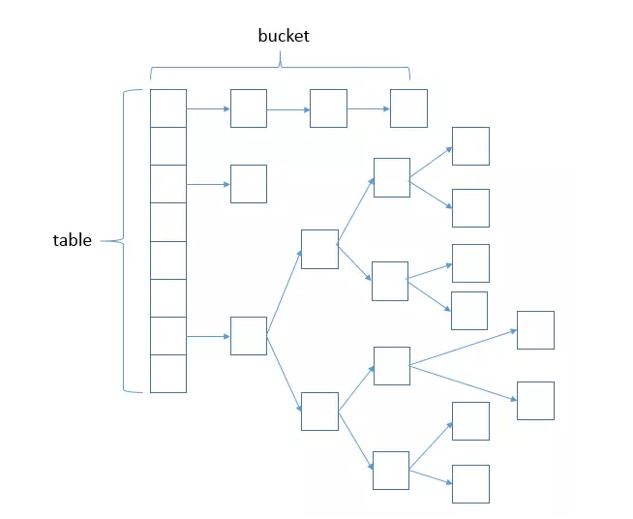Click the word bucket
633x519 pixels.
click(284, 36)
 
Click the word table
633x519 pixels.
click(72, 240)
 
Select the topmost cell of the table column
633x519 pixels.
click(168, 107)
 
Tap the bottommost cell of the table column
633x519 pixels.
click(168, 374)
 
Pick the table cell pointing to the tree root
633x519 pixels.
click(168, 336)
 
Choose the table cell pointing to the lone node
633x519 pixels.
click(168, 184)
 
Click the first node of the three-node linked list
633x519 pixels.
click(249, 108)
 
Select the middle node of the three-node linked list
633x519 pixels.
click(328, 108)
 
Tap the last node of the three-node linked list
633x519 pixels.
click(408, 108)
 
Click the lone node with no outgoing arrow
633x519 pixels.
click(249, 184)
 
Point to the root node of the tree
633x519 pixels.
click(249, 336)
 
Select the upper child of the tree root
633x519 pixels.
click(319, 249)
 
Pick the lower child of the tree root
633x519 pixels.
click(319, 411)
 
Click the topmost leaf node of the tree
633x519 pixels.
click(470, 146)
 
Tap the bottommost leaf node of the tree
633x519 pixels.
click(470, 484)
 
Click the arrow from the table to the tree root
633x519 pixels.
click(208, 336)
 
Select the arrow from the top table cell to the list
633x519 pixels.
click(208, 108)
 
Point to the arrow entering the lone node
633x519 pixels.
click(208, 184)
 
